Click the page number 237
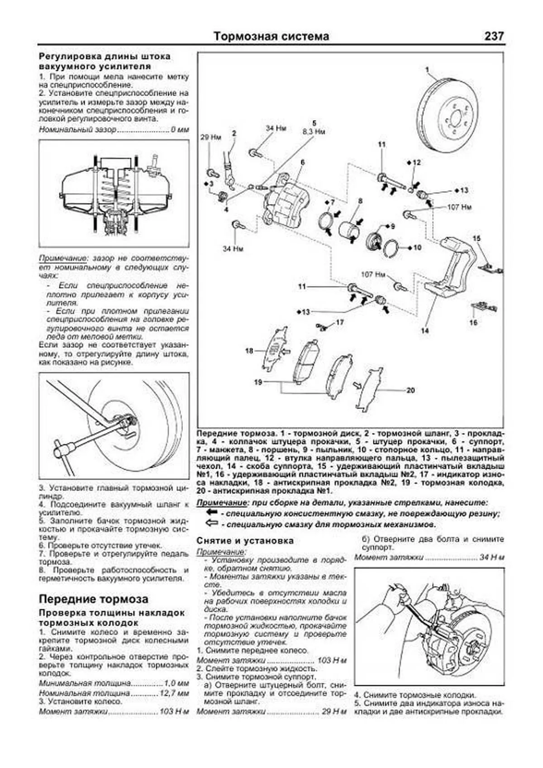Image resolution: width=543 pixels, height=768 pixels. coord(494,36)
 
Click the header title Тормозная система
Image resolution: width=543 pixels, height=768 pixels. coord(271,36)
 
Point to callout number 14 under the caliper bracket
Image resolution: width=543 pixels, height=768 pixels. coord(424,331)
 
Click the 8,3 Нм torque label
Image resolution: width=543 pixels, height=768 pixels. coord(314,132)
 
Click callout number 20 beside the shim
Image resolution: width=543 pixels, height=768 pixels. coord(410,390)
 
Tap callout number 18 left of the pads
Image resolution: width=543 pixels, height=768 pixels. coord(249,351)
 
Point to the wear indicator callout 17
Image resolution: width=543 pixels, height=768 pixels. coord(339,322)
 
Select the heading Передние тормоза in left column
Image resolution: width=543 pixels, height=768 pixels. coord(93,599)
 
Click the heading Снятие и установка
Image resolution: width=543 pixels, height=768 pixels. coord(245,541)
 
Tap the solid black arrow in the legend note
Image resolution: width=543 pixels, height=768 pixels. coord(211,513)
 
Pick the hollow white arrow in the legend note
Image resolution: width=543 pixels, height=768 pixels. coord(211,524)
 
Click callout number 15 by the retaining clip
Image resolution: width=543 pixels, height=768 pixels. coord(476,239)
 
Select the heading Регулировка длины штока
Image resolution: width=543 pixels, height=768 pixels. coord(105,57)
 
